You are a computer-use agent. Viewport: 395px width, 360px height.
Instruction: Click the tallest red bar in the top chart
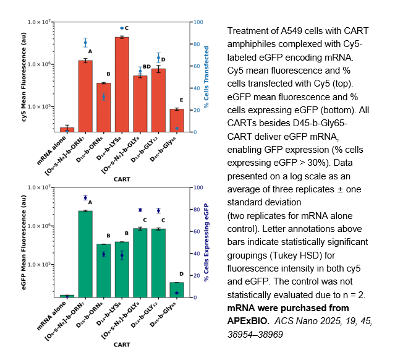tap(122, 84)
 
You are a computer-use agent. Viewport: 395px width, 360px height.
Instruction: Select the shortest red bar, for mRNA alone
tap(67, 129)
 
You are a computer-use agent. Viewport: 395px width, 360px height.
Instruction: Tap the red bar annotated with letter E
tap(177, 120)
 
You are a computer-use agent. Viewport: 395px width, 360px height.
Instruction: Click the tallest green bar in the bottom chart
tap(85, 254)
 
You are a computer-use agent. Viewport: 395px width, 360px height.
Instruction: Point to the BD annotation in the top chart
tap(147, 67)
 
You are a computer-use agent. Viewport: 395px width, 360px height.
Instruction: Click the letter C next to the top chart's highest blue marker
tap(127, 28)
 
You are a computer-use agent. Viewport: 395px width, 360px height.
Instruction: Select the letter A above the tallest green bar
tap(90, 202)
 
